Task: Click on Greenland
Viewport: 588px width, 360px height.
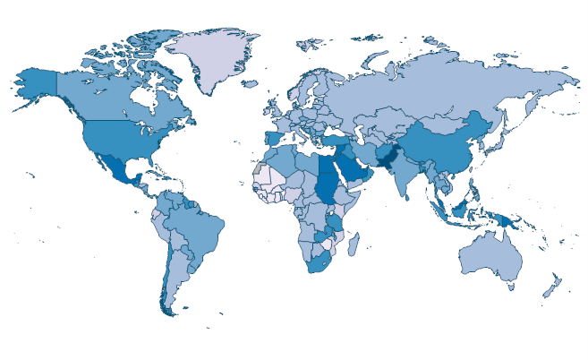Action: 210,58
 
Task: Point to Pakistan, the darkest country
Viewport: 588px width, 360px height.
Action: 388,161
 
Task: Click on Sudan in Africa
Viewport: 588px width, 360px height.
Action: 329,184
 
